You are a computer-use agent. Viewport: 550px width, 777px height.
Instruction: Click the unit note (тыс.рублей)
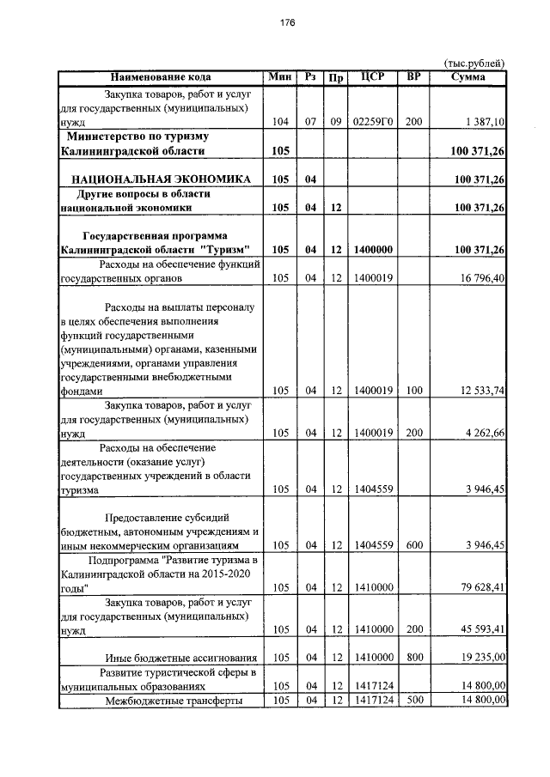point(474,63)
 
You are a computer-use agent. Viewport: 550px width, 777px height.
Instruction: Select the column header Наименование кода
point(161,77)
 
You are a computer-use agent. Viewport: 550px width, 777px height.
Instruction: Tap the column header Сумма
point(468,77)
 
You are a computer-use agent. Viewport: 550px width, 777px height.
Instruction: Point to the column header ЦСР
point(373,77)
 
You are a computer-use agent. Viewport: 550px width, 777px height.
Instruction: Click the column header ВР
point(413,77)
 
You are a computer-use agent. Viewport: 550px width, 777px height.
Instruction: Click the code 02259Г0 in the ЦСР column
point(373,123)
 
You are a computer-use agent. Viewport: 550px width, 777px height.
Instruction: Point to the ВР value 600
point(413,545)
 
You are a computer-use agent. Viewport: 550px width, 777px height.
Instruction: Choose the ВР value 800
point(413,658)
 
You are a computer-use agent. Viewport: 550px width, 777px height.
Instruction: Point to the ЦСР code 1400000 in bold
point(373,250)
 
